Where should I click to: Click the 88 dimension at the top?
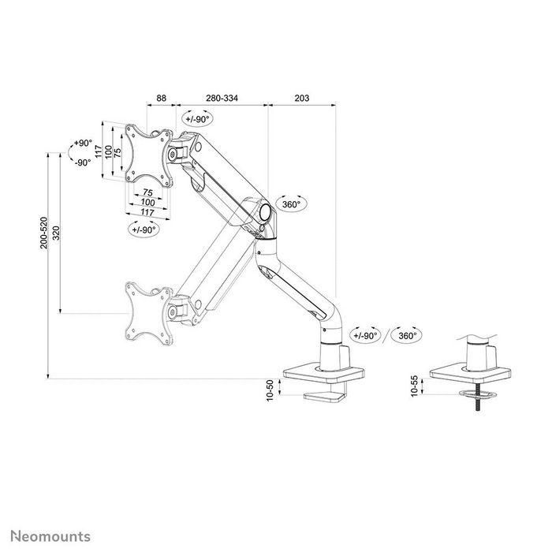pos(162,98)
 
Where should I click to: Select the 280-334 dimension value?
pos(222,98)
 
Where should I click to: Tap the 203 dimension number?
pos(300,98)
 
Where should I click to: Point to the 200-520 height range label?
pos(45,233)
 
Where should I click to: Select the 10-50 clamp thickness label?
pos(270,389)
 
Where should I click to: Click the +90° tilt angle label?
pos(81,144)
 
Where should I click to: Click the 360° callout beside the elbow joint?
pos(291,204)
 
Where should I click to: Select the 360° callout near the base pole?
pos(407,335)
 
